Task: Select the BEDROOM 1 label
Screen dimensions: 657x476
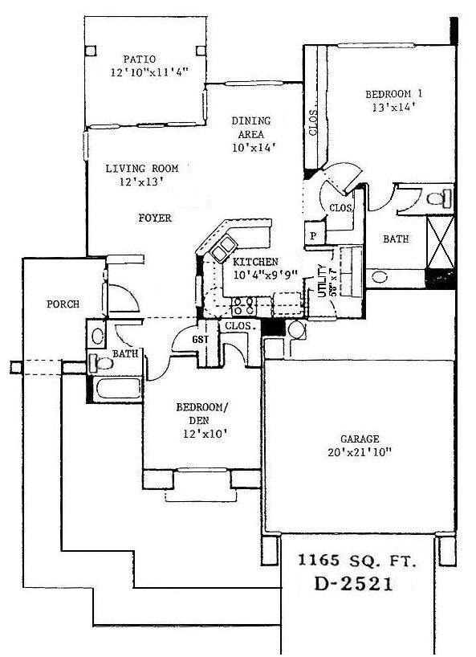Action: pyautogui.click(x=393, y=93)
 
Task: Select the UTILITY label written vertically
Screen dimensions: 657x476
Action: pyautogui.click(x=321, y=281)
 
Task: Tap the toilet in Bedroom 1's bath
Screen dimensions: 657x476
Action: pyautogui.click(x=440, y=197)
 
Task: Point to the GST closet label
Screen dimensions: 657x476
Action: pyautogui.click(x=201, y=340)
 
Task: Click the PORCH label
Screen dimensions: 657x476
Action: pyautogui.click(x=62, y=304)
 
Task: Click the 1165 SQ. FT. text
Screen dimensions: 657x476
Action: pyautogui.click(x=358, y=561)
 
